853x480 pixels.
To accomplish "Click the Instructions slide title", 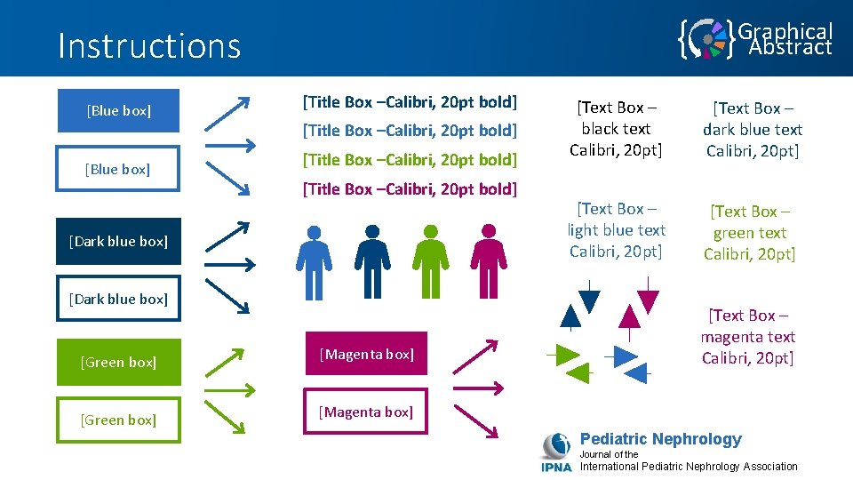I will (149, 45).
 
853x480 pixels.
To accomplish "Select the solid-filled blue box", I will (118, 111).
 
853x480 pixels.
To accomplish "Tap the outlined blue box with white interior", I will (118, 169).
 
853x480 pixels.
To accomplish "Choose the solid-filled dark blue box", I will (118, 241).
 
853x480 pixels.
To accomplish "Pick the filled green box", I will (118, 362).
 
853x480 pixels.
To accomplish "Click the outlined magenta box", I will (365, 412).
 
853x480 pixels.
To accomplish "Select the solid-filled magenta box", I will (365, 354).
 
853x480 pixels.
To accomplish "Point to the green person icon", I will (430, 260).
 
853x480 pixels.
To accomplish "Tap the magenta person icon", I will (488, 260).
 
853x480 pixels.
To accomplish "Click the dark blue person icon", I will (372, 260).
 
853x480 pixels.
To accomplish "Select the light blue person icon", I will (314, 260).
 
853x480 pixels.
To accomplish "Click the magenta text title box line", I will (410, 188).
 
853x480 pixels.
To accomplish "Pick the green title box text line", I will (410, 159).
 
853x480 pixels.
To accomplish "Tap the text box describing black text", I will (616, 129).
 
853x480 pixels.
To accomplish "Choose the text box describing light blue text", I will (616, 230).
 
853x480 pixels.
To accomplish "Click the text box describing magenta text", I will (747, 337).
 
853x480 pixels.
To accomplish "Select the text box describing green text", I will (749, 233).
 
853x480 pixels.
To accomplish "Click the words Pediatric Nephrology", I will (660, 439).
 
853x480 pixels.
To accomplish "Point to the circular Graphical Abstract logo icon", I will (707, 39).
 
